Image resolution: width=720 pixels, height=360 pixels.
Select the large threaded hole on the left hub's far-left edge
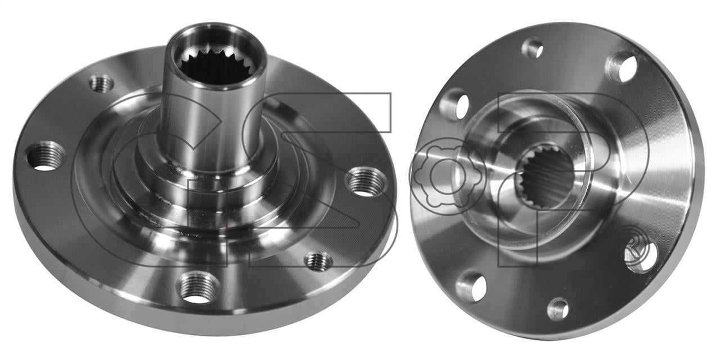click(x=46, y=156)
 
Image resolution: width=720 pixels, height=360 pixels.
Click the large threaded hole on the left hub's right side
click(x=366, y=182)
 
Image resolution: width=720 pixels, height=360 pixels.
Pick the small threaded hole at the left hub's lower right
click(x=318, y=260)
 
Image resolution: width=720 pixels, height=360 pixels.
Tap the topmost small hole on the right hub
click(x=532, y=48)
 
